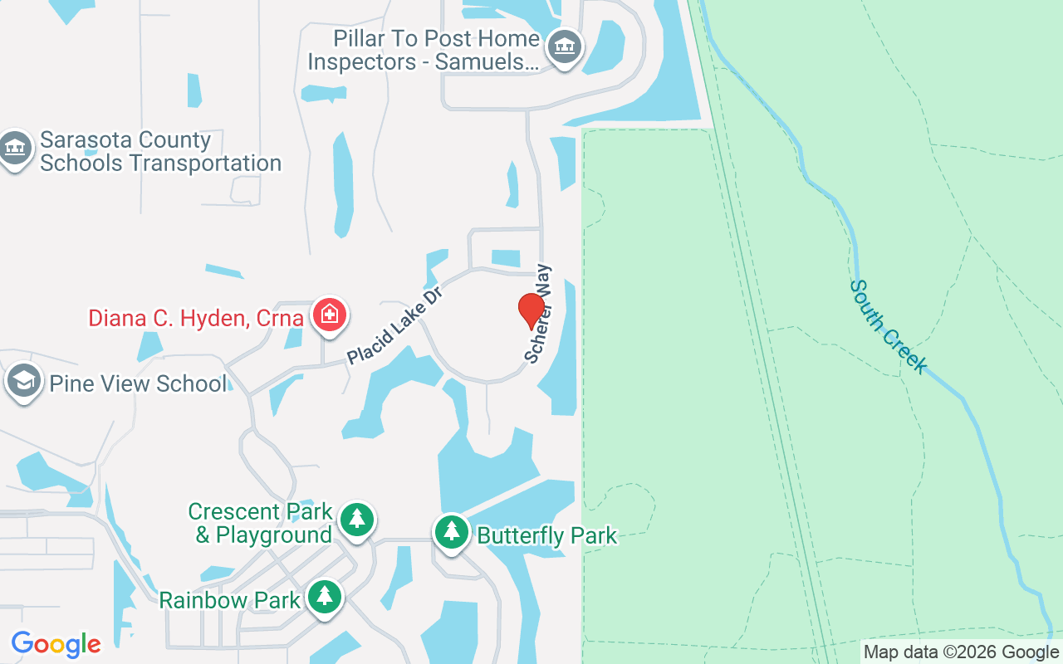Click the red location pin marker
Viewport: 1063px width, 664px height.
pyautogui.click(x=531, y=310)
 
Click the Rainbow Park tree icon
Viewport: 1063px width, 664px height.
pyautogui.click(x=324, y=596)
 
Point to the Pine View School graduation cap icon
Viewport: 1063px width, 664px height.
pyautogui.click(x=23, y=382)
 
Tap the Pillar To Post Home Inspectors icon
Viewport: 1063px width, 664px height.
pyautogui.click(x=565, y=46)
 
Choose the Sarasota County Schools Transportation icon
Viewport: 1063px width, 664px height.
pyautogui.click(x=16, y=149)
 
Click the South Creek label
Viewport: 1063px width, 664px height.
pyautogui.click(x=887, y=326)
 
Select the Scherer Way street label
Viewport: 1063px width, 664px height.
pyautogui.click(x=538, y=314)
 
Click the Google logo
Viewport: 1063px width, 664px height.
pyautogui.click(x=56, y=644)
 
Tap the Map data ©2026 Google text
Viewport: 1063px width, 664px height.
pyautogui.click(x=961, y=652)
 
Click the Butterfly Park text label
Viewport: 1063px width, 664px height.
pyautogui.click(x=547, y=536)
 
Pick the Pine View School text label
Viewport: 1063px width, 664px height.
pyautogui.click(x=138, y=383)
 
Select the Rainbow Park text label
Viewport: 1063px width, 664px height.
pyautogui.click(x=230, y=600)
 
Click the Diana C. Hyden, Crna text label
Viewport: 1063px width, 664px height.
pyautogui.click(x=196, y=318)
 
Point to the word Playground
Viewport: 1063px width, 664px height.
pyautogui.click(x=274, y=535)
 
